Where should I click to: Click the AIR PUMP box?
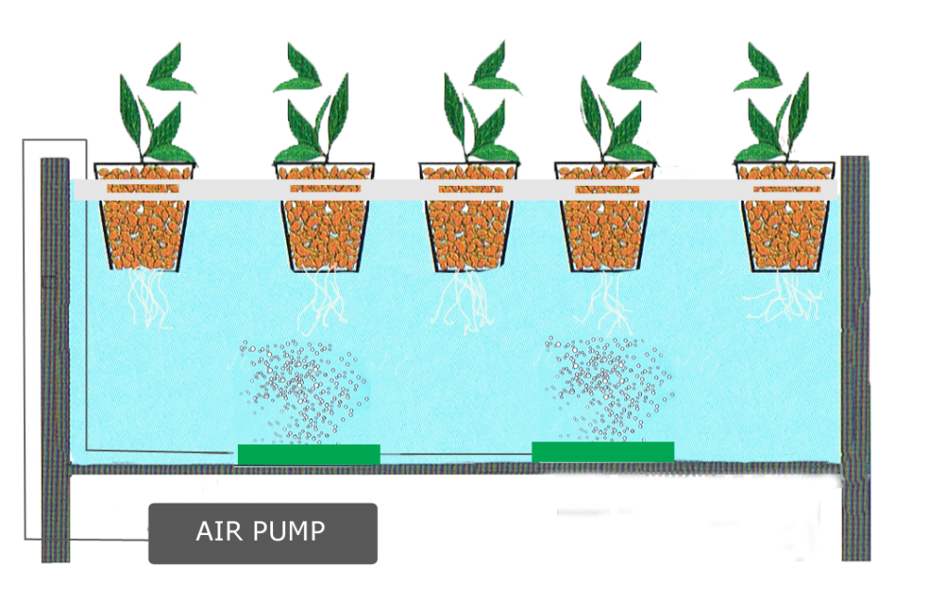263,532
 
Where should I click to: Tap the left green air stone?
308,454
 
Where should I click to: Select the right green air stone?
603,451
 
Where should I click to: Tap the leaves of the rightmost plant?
776,102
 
